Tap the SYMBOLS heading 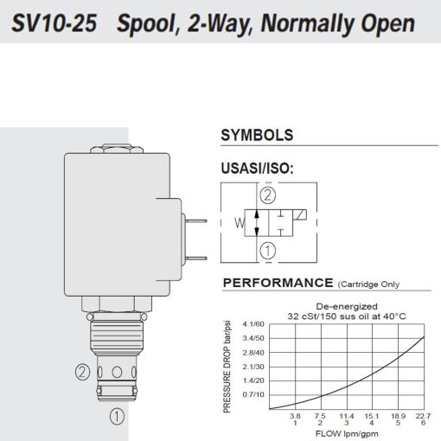257,136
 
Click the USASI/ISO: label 259,168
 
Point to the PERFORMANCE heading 277,283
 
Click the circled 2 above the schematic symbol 269,195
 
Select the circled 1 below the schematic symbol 269,252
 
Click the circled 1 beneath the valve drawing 115,416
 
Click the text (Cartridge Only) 374,284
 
